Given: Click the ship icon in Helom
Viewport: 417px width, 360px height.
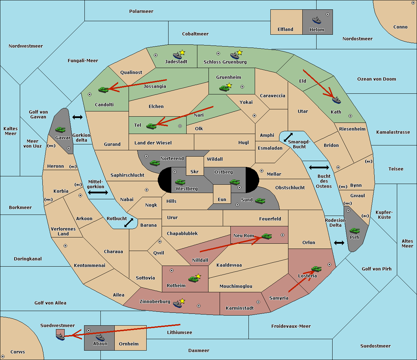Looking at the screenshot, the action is point(317,20).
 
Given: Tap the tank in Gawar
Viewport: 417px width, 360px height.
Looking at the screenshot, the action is point(60,129).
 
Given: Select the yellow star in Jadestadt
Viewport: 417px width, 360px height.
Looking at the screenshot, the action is point(182,52).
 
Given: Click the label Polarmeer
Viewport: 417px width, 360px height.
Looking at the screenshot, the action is point(141,11).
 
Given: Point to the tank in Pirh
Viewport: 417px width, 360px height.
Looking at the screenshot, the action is point(354,231).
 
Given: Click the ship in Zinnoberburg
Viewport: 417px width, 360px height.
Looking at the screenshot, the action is point(178,304).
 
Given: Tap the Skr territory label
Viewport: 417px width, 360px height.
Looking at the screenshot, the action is point(195,171).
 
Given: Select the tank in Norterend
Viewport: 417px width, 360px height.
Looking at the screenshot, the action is point(155,163).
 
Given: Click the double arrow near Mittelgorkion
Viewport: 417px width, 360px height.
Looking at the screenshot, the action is point(98,192).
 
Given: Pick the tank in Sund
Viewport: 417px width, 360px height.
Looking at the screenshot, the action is point(260,201).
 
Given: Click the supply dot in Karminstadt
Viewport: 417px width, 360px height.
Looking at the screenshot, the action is point(258,302).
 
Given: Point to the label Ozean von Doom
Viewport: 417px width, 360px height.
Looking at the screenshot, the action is point(376,79).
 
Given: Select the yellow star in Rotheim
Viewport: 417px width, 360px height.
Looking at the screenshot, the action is point(198,276).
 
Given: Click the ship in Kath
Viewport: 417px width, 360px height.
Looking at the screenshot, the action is point(336,100).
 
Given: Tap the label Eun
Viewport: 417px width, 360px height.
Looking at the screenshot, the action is point(222,199).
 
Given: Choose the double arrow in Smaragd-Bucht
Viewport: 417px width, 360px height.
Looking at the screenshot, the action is point(288,137).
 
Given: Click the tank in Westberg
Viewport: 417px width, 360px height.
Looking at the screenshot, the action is point(180,182).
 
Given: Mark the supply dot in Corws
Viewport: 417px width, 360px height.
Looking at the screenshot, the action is point(3,357).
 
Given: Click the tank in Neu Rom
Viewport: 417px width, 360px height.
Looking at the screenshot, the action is point(267,236).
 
